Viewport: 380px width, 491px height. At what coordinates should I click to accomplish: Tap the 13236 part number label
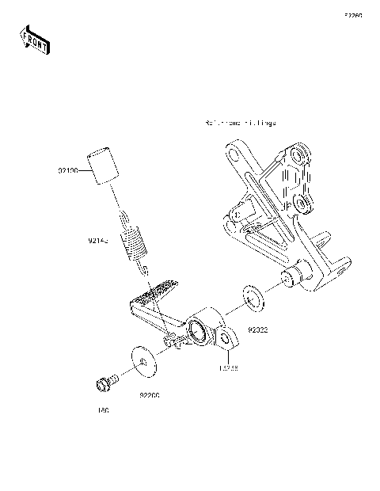(x=228, y=367)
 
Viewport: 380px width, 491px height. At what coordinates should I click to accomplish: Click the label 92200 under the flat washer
(x=150, y=394)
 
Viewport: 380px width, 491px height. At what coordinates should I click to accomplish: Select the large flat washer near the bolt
(x=142, y=362)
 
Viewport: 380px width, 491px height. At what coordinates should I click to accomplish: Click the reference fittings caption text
(x=240, y=124)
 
